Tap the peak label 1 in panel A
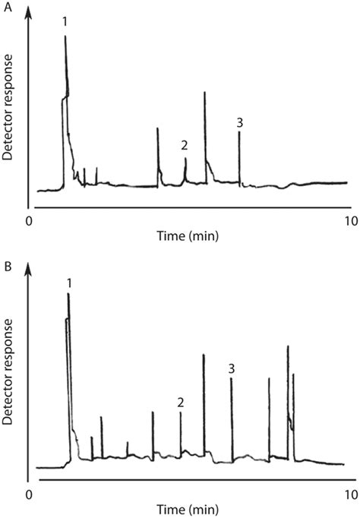click(x=65, y=22)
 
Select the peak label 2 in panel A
click(x=184, y=144)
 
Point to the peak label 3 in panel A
click(x=240, y=122)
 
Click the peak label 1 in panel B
click(x=69, y=283)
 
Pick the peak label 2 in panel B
click(x=180, y=402)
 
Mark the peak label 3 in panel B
click(x=232, y=368)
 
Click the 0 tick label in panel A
click(x=29, y=221)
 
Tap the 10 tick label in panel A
click(x=349, y=221)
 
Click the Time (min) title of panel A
click(x=188, y=236)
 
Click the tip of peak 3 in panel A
click(x=239, y=132)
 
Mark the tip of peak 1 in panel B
click(x=68, y=294)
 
